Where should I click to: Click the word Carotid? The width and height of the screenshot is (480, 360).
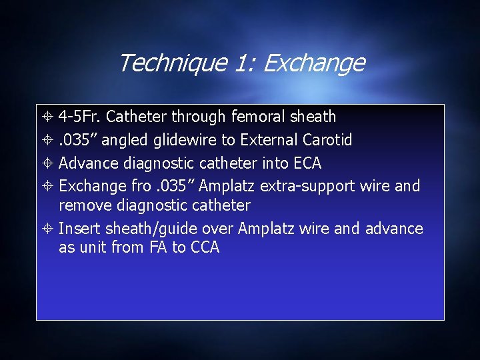[x=329, y=140]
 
